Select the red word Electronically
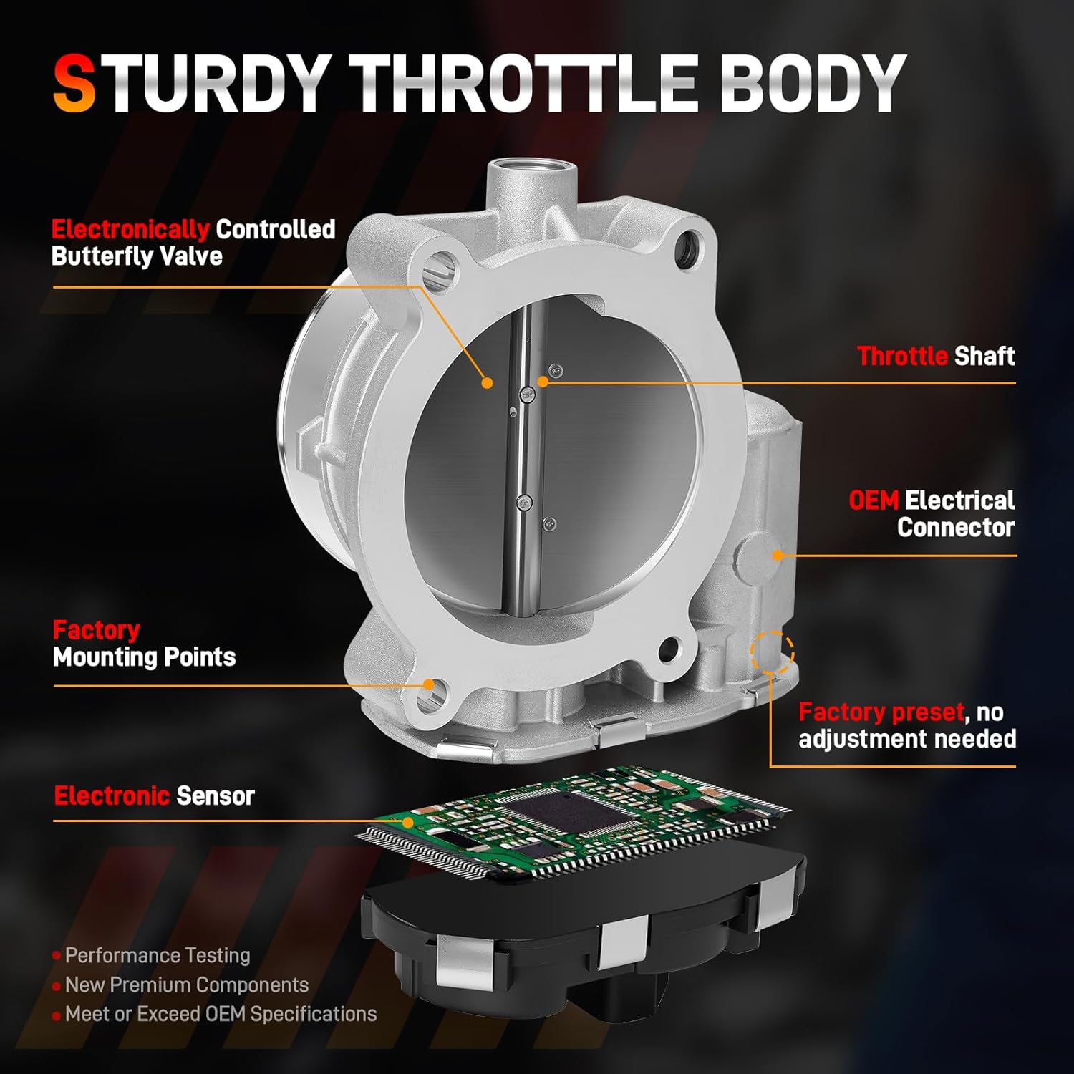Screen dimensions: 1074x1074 click(130, 229)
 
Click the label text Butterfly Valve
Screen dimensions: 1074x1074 click(137, 256)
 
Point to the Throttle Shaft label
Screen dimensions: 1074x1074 click(936, 356)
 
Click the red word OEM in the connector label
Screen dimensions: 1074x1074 click(873, 500)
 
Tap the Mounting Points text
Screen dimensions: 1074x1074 click(144, 657)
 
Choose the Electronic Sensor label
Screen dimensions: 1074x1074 click(154, 795)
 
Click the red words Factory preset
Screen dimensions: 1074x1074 click(881, 712)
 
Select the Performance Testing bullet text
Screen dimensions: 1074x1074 click(158, 955)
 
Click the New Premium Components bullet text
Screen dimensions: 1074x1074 click(187, 985)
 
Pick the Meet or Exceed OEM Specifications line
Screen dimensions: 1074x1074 click(221, 1015)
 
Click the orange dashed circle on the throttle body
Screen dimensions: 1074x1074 click(772, 652)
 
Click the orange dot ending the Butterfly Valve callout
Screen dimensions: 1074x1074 click(487, 383)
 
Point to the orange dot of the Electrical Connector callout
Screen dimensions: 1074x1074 click(778, 555)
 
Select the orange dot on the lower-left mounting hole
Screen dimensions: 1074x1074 click(429, 684)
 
